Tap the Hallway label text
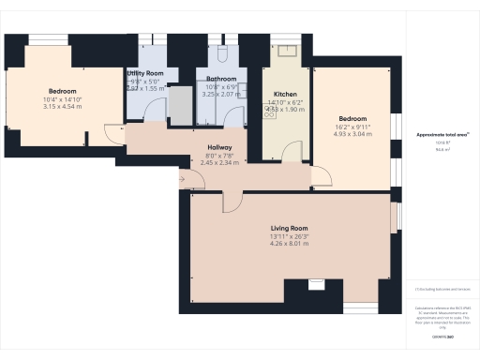[219, 147]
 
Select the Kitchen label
[285, 96]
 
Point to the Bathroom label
[222, 79]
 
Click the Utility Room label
[145, 73]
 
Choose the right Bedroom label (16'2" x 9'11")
[352, 119]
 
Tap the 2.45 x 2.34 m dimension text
[219, 162]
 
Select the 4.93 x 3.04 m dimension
[352, 134]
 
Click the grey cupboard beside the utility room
[178, 104]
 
